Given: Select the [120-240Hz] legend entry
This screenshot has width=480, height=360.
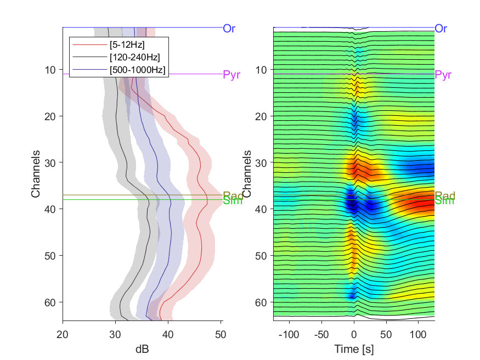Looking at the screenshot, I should click(x=134, y=57).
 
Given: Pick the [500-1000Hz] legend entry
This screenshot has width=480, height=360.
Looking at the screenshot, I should click(x=137, y=69).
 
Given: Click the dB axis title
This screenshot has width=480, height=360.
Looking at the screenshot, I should click(x=143, y=348).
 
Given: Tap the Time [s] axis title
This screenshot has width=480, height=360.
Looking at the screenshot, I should click(x=354, y=348).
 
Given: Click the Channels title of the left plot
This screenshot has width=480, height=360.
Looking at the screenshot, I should click(x=36, y=173).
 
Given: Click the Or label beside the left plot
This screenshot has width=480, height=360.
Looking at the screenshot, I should click(x=229, y=29).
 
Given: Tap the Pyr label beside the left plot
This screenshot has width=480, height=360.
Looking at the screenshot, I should click(x=231, y=75).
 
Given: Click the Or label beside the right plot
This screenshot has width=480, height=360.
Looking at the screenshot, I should click(x=441, y=29).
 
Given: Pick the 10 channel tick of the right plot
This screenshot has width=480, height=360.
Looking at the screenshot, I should click(x=262, y=70).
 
